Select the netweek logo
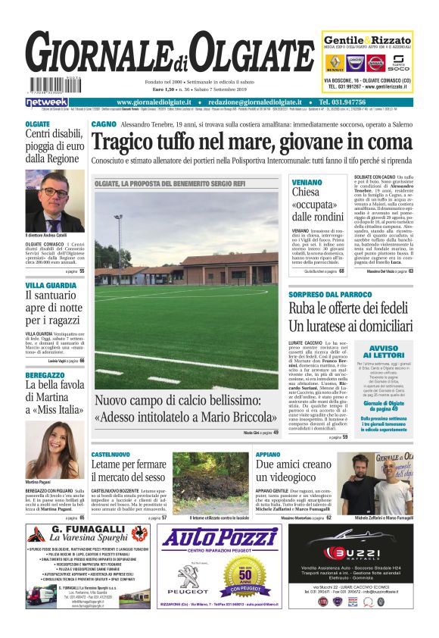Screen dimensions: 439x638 coord(47,102)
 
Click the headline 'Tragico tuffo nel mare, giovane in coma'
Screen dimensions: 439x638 coord(251,142)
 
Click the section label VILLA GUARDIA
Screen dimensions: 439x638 coord(51,285)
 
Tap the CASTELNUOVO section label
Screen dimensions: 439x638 coord(111,453)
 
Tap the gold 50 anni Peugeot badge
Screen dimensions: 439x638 coord(234,580)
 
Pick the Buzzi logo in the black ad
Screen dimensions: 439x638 coord(349,554)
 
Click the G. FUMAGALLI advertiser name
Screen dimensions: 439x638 coord(88,530)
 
